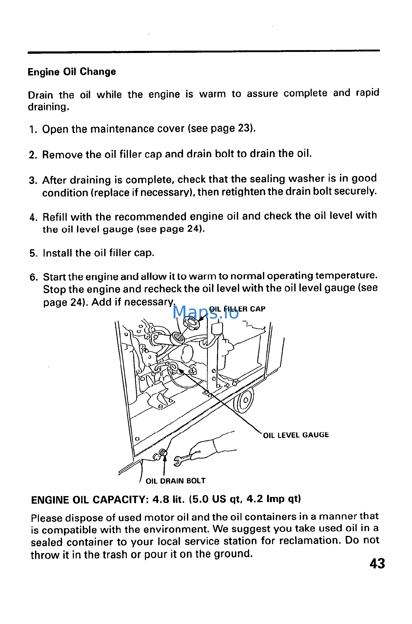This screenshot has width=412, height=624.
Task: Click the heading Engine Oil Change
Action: coord(72,72)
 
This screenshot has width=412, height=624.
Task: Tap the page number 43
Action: coord(377,564)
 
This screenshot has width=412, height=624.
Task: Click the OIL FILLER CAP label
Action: coord(237,309)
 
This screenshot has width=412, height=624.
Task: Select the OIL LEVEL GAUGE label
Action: coord(296,435)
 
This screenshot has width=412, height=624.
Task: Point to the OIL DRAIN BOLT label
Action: coord(175,481)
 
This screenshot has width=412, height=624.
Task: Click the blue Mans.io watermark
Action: coord(205,313)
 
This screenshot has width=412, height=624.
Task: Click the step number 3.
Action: coord(33,181)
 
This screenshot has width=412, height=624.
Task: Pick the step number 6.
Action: coord(33,277)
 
